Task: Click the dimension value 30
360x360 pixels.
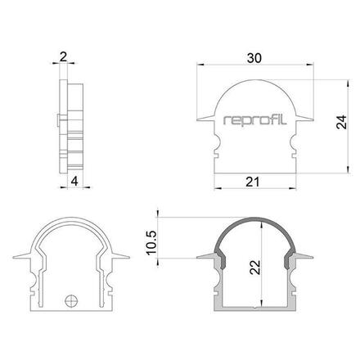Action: tap(254, 58)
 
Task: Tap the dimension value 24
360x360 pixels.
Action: tap(341, 122)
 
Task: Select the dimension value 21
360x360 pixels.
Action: tap(253, 182)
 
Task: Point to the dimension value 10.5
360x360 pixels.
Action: tap(151, 243)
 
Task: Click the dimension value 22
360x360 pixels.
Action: tap(254, 268)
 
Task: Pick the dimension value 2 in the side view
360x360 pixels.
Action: tap(63, 57)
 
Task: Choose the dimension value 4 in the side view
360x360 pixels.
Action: tap(74, 182)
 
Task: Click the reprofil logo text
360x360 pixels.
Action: tap(254, 120)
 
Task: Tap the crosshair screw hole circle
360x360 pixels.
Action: tap(71, 301)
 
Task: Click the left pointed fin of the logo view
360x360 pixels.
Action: tap(206, 119)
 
